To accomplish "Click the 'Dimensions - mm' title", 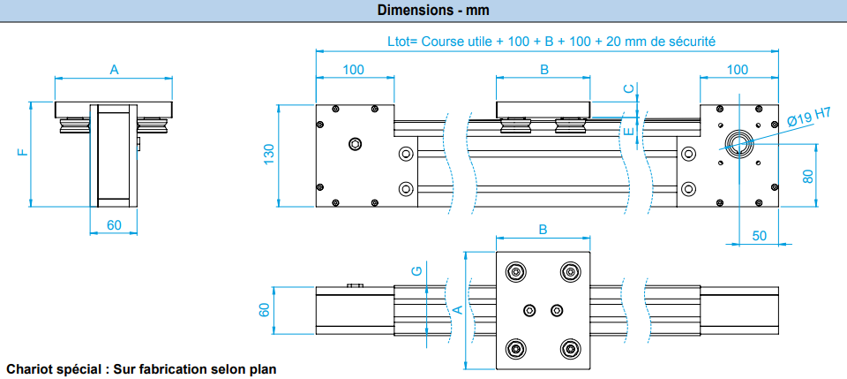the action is (433, 10).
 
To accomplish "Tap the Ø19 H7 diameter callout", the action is (808, 117).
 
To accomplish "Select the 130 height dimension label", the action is (270, 155).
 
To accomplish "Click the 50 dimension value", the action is (759, 236).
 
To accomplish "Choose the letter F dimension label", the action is (22, 152).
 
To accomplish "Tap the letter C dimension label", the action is (628, 88).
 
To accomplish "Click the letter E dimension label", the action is (628, 132).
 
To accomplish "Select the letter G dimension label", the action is (416, 270).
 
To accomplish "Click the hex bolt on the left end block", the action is (356, 143).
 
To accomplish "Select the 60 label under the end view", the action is (114, 225).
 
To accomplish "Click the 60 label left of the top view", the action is (264, 310).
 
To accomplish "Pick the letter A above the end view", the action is (114, 69).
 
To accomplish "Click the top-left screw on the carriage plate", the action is (516, 271).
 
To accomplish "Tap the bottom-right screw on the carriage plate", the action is (571, 349).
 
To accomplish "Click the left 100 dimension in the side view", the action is (354, 70).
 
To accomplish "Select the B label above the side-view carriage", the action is (544, 69).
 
